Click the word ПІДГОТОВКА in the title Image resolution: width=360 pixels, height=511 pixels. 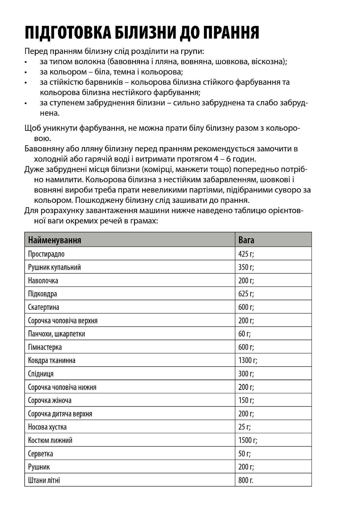[x=68, y=32]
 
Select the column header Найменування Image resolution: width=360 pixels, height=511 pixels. [x=54, y=240]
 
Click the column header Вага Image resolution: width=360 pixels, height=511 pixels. [x=246, y=240]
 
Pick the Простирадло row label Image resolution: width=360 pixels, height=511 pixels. [x=46, y=254]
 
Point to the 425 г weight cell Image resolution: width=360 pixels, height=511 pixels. [x=246, y=254]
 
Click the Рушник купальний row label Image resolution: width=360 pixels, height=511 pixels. [x=54, y=267]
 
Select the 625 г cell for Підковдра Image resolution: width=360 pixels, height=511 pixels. [x=246, y=294]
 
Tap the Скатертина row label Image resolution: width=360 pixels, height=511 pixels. [x=44, y=307]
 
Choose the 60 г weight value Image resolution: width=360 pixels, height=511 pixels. [x=244, y=334]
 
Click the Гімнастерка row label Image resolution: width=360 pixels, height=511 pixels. [x=45, y=347]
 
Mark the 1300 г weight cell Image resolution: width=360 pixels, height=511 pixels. [x=248, y=361]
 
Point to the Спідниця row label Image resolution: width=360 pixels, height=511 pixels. [x=41, y=374]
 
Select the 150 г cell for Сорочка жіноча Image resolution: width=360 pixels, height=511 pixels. [x=246, y=401]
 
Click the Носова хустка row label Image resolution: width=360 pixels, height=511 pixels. [x=47, y=427]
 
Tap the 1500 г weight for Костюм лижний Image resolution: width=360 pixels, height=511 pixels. [x=248, y=440]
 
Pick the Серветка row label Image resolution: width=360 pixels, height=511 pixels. [x=41, y=454]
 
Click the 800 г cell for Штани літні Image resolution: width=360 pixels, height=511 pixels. [x=246, y=480]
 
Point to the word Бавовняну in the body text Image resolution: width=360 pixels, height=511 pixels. [x=45, y=149]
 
